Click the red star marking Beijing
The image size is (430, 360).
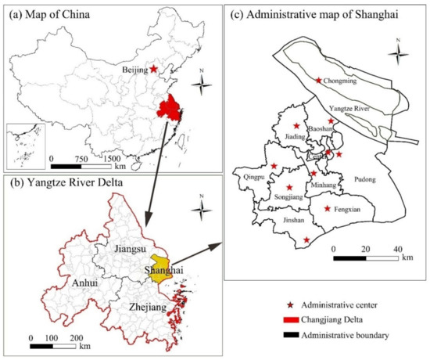pos(154,69)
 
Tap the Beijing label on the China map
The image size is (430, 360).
pos(135,70)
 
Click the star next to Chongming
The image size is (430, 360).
pos(318,80)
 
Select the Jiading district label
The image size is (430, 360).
pos(296,135)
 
